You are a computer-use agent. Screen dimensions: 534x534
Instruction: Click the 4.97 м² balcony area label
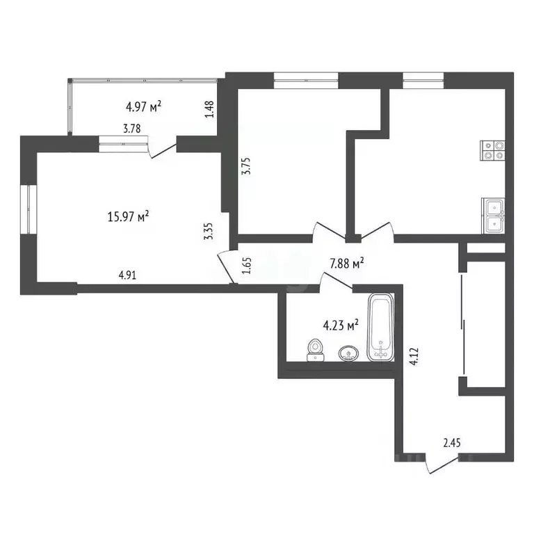point(143,106)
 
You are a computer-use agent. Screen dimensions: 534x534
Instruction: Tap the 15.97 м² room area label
point(128,216)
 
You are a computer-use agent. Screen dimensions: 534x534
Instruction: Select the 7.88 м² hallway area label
point(347,264)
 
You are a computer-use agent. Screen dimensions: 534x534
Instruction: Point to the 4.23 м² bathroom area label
point(341,325)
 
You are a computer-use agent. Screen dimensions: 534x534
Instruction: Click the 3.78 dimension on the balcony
point(132,129)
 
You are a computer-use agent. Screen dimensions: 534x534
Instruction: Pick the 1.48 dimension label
point(209,109)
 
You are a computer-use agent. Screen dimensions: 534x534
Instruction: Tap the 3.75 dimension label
point(245,166)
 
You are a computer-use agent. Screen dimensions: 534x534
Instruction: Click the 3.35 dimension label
point(208,232)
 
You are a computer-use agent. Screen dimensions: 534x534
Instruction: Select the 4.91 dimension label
point(127,275)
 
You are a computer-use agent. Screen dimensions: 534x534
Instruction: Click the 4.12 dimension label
point(414,357)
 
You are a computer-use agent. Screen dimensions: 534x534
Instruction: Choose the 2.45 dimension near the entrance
point(452,443)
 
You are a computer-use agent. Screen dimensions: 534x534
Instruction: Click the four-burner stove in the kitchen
point(492,150)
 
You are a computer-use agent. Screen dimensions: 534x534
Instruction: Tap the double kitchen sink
point(493,216)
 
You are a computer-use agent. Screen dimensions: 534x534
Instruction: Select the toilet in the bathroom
point(316,350)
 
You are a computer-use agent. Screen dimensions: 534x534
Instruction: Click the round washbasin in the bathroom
point(348,353)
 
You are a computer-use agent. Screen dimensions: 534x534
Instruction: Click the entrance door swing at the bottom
point(442,464)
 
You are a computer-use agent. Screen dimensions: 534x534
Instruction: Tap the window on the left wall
point(29,209)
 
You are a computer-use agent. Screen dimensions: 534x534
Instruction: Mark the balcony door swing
point(163,147)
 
